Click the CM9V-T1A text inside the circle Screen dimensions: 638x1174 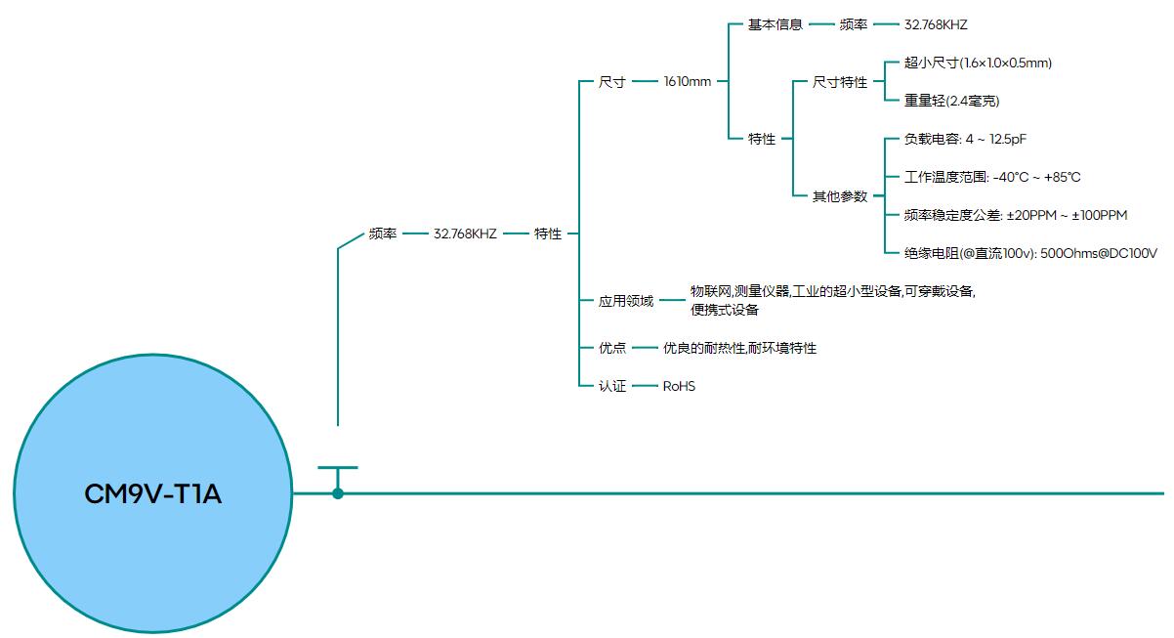point(153,495)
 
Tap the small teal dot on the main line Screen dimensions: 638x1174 point(338,493)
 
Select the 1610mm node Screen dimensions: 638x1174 point(688,82)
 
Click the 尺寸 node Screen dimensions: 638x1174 point(612,82)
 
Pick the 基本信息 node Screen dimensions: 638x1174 point(776,24)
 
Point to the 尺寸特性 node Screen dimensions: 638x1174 point(840,82)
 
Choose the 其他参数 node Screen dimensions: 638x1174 point(840,196)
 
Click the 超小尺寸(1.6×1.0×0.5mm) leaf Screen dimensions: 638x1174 point(978,63)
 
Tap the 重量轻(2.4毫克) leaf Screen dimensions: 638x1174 point(951,101)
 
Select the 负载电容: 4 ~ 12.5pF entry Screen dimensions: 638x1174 point(965,139)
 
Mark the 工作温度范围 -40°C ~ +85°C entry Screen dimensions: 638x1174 point(992,177)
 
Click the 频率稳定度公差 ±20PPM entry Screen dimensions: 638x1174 point(1016,215)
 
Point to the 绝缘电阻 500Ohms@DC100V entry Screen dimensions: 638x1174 point(1030,253)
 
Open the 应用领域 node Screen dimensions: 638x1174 point(626,301)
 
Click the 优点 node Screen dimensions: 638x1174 point(612,348)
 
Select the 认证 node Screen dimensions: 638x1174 point(612,386)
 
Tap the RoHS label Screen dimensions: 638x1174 point(679,386)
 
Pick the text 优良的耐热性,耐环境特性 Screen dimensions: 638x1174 point(739,348)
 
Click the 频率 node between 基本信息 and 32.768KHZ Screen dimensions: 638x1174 point(853,24)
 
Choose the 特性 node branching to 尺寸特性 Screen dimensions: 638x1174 point(762,139)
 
